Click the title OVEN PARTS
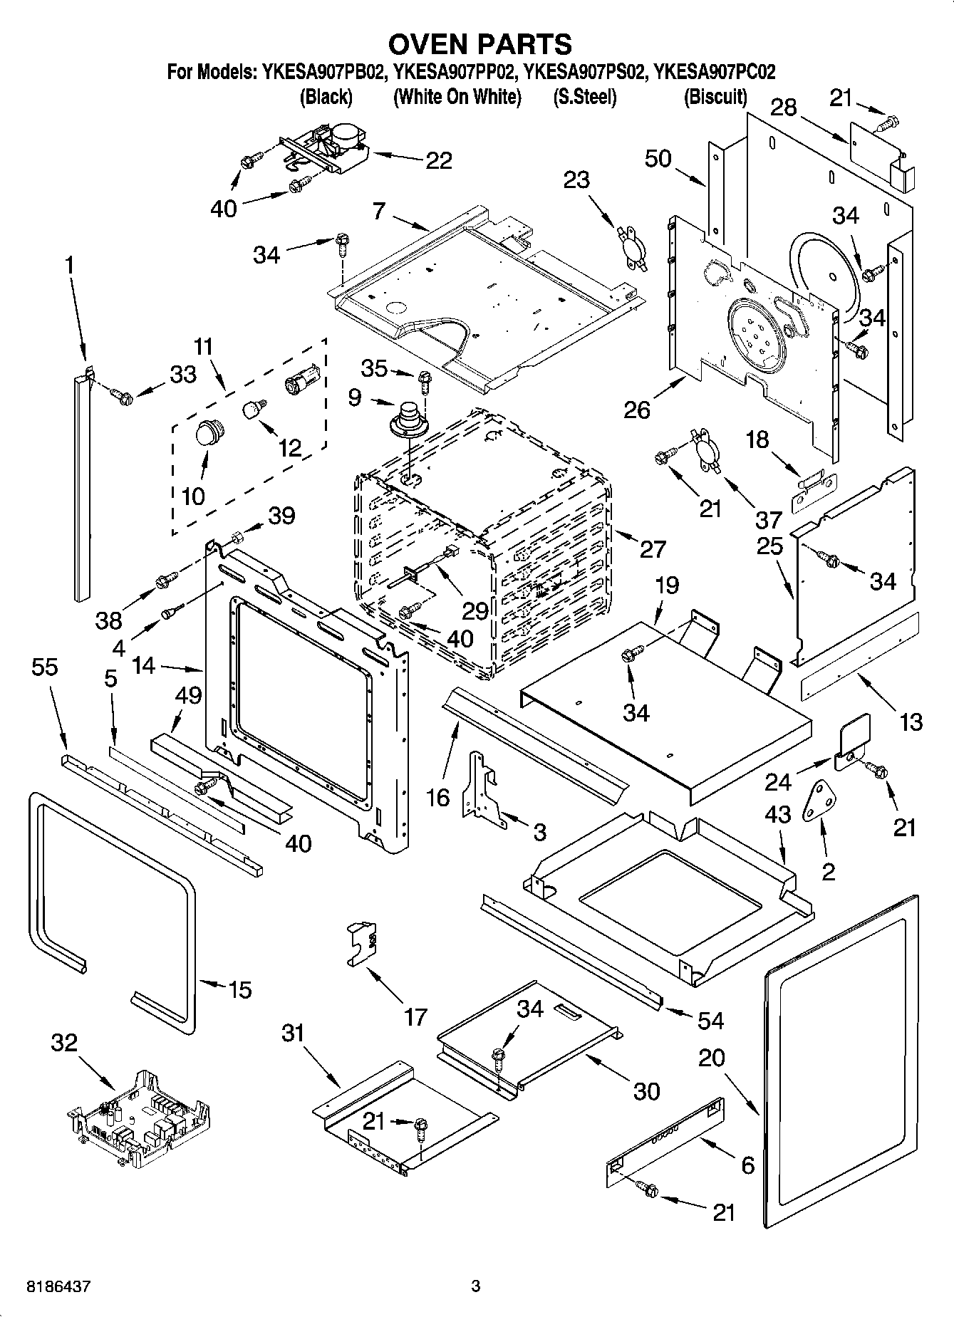click(x=479, y=44)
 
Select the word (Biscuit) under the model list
click(x=715, y=97)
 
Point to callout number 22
click(x=438, y=161)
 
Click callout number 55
click(x=45, y=667)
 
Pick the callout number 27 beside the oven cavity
click(x=653, y=548)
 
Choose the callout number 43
click(x=778, y=814)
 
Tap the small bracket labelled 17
click(x=363, y=943)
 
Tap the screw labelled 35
click(x=425, y=380)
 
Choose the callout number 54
click(x=710, y=1020)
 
